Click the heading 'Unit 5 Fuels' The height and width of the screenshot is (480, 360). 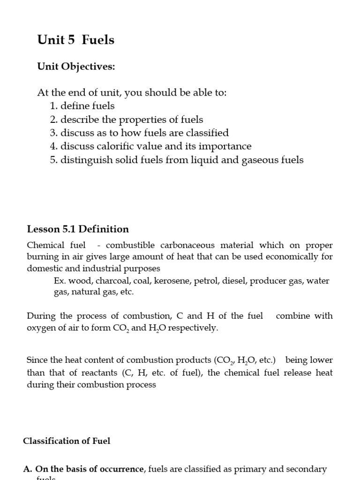click(x=75, y=40)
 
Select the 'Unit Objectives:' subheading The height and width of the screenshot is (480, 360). click(x=76, y=67)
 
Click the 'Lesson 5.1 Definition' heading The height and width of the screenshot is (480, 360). click(x=78, y=229)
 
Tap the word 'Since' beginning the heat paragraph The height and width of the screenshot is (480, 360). click(x=37, y=360)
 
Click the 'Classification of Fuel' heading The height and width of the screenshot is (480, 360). click(x=67, y=441)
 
